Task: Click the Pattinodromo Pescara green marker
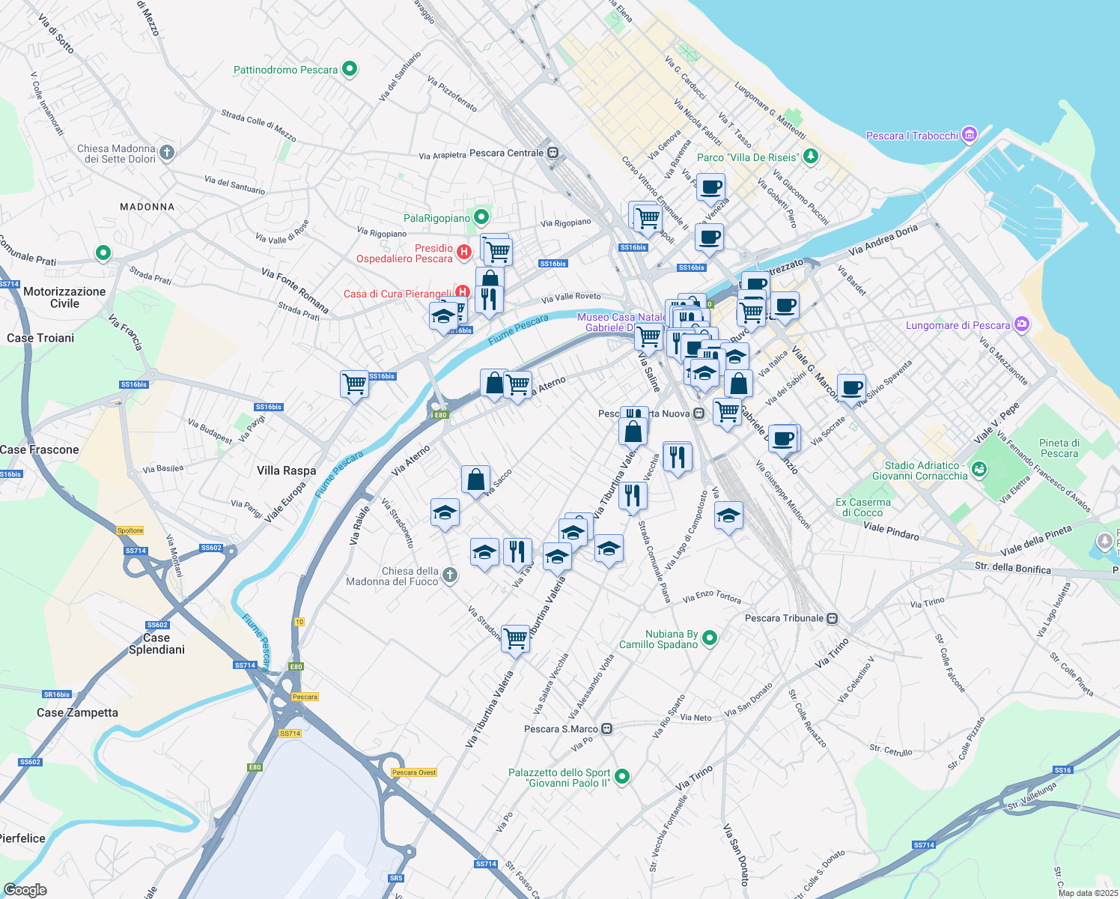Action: (x=349, y=70)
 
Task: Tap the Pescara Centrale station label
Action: (x=506, y=153)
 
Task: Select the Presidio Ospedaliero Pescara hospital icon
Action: (x=463, y=252)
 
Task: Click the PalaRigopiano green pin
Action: (x=481, y=218)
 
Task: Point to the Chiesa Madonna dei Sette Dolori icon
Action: (x=166, y=153)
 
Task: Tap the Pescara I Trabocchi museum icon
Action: (x=969, y=135)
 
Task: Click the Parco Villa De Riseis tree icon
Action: (x=810, y=157)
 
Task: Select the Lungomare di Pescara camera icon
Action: (x=1022, y=325)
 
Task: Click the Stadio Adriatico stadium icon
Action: (x=979, y=470)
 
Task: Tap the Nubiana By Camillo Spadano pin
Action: (x=710, y=638)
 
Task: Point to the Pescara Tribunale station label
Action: (x=784, y=618)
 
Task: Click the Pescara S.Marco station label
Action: (x=561, y=729)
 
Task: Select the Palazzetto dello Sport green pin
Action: (x=621, y=778)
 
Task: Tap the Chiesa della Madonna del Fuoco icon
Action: (x=449, y=575)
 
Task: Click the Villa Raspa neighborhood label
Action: (x=286, y=470)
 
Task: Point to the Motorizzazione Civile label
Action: (x=64, y=297)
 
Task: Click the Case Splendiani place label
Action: (x=156, y=644)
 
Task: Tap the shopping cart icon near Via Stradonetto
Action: (x=515, y=639)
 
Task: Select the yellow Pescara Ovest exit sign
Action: (x=413, y=772)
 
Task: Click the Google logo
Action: (x=25, y=890)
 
